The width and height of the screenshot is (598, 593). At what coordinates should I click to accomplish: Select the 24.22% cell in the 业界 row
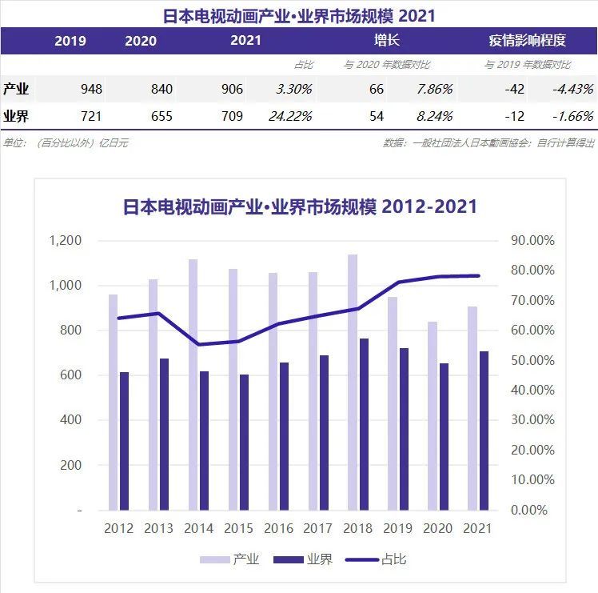pos(291,116)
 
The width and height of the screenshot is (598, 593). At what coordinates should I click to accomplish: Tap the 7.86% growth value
pos(435,89)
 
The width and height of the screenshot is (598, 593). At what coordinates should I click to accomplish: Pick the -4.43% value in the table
pos(572,89)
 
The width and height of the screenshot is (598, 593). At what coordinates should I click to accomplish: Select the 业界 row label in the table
pos(16,116)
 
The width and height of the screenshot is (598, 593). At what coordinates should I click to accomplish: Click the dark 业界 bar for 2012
pos(124,441)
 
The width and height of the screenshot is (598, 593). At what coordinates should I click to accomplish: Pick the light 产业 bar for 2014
pos(193,384)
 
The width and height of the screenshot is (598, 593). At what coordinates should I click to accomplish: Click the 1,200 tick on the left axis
pos(66,241)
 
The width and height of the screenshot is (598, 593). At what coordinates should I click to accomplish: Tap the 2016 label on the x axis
pos(277,528)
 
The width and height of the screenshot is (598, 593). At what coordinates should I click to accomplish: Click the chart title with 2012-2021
pos(300,206)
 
